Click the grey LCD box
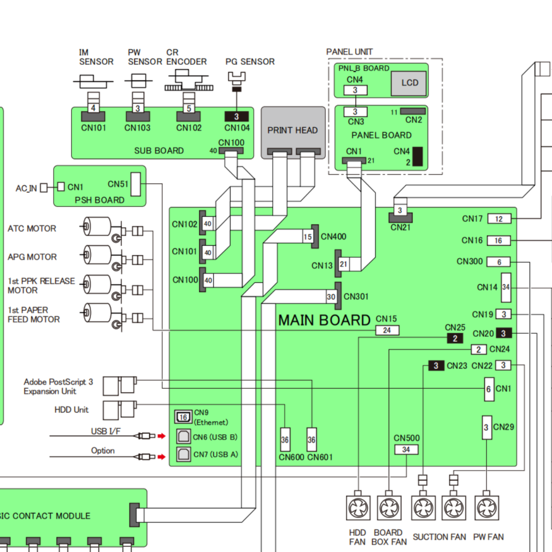[408, 83]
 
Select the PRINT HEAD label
[293, 130]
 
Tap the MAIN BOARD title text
[324, 320]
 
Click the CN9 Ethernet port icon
[184, 417]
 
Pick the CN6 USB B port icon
[184, 437]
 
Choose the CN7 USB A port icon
[184, 454]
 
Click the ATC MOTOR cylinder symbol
[97, 226]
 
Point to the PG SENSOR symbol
[236, 81]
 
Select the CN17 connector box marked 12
[499, 219]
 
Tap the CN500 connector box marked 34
[406, 449]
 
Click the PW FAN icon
[486, 507]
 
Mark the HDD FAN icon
[358, 507]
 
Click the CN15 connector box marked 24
[387, 330]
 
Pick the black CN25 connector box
[455, 338]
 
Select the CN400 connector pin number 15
[308, 237]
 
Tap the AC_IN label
[26, 189]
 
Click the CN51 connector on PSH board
[136, 184]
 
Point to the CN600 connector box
[285, 439]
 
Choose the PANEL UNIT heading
[349, 52]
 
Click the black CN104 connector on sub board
[236, 116]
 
